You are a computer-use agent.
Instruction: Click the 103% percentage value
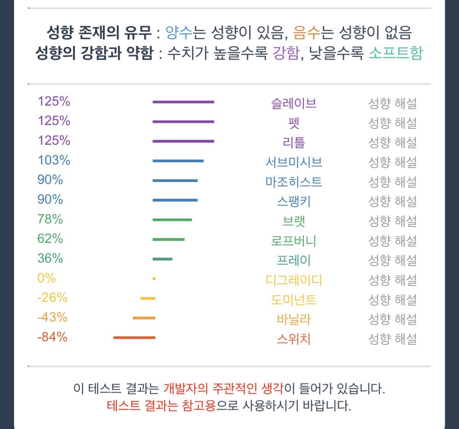point(54,160)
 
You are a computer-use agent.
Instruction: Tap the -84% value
point(52,337)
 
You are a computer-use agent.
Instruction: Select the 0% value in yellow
point(46,278)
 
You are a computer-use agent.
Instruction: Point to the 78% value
point(50,219)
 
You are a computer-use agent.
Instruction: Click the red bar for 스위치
point(134,338)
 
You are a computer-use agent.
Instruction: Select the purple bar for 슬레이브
point(183,102)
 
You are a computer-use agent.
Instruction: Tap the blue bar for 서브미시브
point(178,161)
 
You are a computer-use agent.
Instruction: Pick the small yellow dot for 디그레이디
point(154,279)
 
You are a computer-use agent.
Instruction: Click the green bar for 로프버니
point(168,240)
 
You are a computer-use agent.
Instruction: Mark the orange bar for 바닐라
point(144,318)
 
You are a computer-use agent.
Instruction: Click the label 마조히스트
point(294,182)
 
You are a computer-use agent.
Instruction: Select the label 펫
point(294,123)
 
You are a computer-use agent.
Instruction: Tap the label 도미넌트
point(294,300)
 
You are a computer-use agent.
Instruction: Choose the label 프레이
point(294,261)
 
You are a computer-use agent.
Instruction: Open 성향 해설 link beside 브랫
point(392,221)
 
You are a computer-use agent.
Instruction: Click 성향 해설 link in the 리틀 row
point(392,142)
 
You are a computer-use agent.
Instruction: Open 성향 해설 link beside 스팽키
point(392,201)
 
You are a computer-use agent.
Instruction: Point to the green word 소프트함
point(396,53)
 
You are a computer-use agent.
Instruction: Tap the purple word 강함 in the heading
point(286,53)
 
